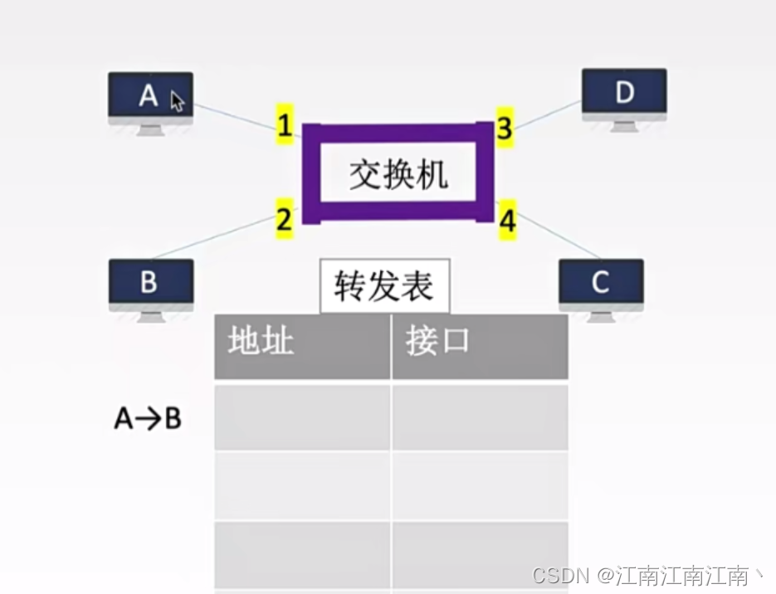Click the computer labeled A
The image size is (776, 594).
pyautogui.click(x=150, y=99)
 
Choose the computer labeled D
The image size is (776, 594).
pyautogui.click(x=624, y=95)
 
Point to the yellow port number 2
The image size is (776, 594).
pyautogui.click(x=285, y=220)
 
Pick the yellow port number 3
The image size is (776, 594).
pyautogui.click(x=505, y=128)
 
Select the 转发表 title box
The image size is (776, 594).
pyautogui.click(x=384, y=287)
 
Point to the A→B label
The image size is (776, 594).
pyautogui.click(x=148, y=419)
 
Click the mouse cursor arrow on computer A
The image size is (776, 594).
pyautogui.click(x=177, y=101)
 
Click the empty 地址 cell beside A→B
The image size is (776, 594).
pyautogui.click(x=302, y=417)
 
